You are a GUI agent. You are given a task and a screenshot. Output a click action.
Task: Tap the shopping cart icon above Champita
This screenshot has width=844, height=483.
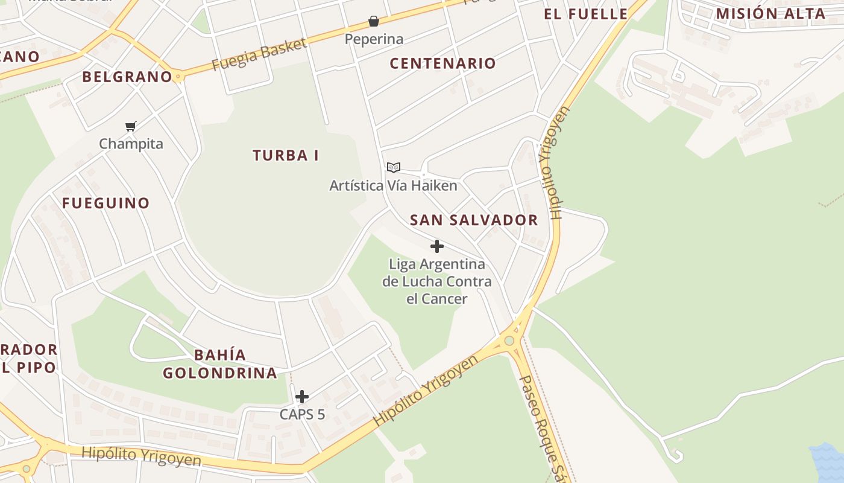(131, 126)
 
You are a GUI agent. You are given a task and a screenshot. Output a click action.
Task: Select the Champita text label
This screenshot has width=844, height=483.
(131, 144)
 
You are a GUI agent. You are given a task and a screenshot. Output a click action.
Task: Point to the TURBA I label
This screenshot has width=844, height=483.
(286, 155)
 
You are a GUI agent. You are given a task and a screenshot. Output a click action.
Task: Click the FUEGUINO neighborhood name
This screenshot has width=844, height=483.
(105, 203)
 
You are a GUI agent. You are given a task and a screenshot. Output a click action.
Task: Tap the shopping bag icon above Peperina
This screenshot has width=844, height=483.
(374, 22)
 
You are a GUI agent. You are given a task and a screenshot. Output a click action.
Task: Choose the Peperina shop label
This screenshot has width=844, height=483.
(374, 39)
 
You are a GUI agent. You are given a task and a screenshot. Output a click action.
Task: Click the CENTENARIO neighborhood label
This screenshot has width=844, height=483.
(442, 63)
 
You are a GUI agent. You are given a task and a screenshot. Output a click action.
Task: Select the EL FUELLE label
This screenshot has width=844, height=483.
(585, 14)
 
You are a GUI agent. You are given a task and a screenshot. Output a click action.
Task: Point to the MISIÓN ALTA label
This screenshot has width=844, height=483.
(770, 13)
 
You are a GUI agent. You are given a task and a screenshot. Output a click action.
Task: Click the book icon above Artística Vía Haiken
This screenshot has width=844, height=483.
(393, 167)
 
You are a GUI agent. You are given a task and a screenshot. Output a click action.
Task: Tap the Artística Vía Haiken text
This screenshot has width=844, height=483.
(393, 185)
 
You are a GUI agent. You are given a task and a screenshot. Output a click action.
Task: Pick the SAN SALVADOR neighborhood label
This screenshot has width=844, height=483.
(474, 220)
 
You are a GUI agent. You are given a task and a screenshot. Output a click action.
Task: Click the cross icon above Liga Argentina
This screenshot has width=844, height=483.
(437, 246)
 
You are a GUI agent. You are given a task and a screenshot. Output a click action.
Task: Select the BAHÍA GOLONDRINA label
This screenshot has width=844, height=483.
(220, 363)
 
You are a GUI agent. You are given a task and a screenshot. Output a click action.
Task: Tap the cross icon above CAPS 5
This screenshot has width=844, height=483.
(302, 397)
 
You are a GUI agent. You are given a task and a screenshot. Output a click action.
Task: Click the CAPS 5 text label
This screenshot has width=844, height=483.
(302, 414)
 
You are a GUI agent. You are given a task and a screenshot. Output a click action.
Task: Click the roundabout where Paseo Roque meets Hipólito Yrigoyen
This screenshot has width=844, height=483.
(509, 341)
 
